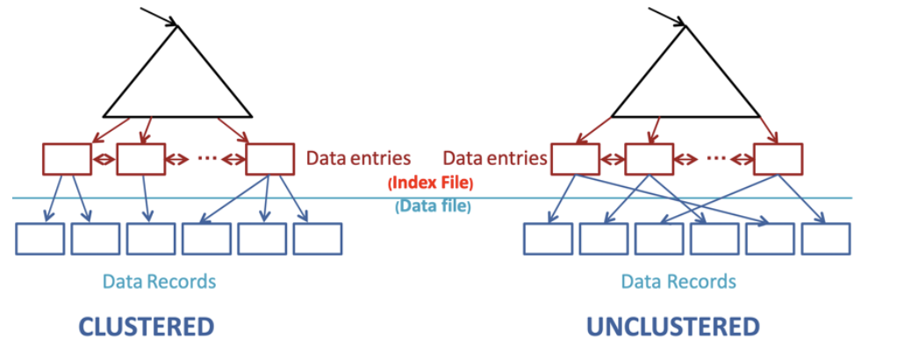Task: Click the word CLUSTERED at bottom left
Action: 147,328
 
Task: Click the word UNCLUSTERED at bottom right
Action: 672,328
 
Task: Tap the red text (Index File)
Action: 430,184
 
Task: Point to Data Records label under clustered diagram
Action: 159,282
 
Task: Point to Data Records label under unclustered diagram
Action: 678,282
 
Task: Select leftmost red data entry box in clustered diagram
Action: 67,158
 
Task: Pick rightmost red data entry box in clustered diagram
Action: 270,158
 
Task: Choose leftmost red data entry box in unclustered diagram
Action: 574,158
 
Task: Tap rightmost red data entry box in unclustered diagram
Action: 778,158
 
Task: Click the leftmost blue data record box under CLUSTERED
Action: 39,239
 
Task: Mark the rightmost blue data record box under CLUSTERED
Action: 318,239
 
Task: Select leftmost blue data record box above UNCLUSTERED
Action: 548,239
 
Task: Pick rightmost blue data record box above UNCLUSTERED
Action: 826,239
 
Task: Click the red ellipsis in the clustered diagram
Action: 207,159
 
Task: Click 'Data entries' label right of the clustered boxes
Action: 358,159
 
